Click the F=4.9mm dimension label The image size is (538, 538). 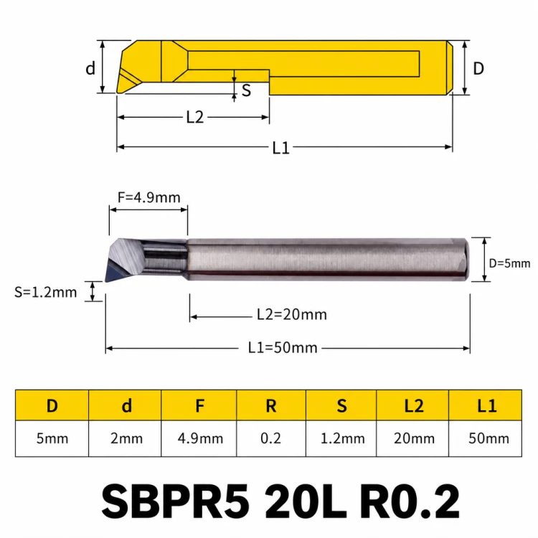tap(149, 197)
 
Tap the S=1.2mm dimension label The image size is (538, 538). tap(45, 293)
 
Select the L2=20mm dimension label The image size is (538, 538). tap(292, 314)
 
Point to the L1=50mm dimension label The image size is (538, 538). tap(283, 348)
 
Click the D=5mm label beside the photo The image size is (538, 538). tap(509, 263)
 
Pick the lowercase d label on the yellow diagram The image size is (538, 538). tap(90, 68)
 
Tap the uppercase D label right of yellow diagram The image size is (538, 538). tap(478, 69)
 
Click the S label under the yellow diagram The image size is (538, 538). tap(246, 90)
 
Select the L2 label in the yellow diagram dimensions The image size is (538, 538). tap(195, 117)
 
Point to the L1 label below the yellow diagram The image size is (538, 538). tap(280, 148)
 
